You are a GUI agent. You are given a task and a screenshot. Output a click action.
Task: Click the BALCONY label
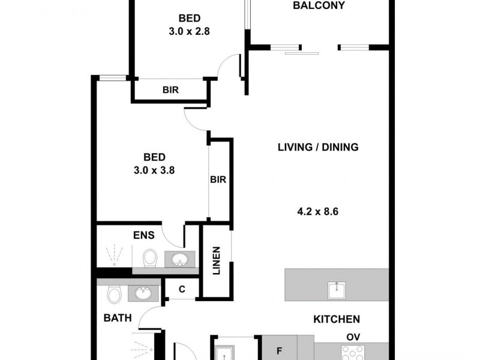pyautogui.click(x=319, y=5)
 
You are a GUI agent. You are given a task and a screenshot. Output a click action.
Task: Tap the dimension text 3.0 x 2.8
pyautogui.click(x=189, y=31)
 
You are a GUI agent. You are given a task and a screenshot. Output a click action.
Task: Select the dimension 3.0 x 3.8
pyautogui.click(x=154, y=170)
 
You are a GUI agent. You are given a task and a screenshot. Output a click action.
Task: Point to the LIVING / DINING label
pyautogui.click(x=318, y=147)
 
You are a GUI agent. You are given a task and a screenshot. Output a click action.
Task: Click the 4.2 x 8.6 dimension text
pyautogui.click(x=318, y=212)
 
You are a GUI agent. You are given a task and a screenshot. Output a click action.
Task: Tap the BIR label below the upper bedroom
pyautogui.click(x=170, y=90)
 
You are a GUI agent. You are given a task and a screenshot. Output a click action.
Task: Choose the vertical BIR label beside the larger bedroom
pyautogui.click(x=218, y=179)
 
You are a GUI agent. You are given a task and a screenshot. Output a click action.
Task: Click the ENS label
pyautogui.click(x=144, y=235)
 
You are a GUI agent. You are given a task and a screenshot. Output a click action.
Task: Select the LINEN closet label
pyautogui.click(x=217, y=261)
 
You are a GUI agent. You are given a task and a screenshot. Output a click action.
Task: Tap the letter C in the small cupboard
pyautogui.click(x=182, y=289)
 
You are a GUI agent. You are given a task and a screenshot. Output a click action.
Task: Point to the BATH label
pyautogui.click(x=118, y=318)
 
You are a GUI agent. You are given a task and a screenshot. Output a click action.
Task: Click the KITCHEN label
pyautogui.click(x=337, y=319)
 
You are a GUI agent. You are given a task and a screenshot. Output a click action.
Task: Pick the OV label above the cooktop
pyautogui.click(x=353, y=337)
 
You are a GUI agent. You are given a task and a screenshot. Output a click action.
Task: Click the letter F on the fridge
pyautogui.click(x=279, y=351)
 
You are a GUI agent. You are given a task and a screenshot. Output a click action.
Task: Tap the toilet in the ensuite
pyautogui.click(x=150, y=258)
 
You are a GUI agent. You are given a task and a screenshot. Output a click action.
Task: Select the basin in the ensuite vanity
pyautogui.click(x=179, y=260)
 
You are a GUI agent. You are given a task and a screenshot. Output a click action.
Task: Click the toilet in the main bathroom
pyautogui.click(x=115, y=294)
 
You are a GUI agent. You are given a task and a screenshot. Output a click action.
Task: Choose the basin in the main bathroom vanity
pyautogui.click(x=143, y=293)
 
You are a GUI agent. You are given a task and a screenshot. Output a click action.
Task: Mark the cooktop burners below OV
pyautogui.click(x=353, y=352)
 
